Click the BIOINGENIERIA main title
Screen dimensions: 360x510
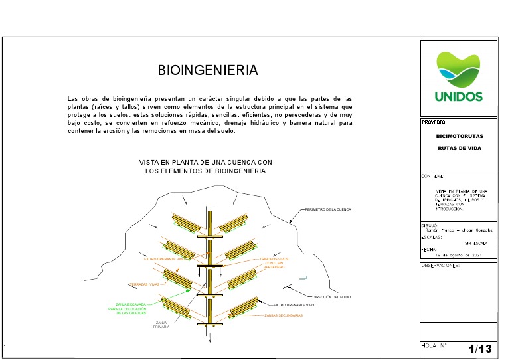[207, 70]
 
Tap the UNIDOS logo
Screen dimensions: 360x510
[459, 77]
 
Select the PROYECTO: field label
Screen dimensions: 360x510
[434, 123]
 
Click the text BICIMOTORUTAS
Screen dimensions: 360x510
[459, 136]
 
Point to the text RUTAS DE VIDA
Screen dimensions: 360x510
[459, 148]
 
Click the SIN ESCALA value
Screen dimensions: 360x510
[476, 244]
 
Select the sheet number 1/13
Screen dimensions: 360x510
[480, 349]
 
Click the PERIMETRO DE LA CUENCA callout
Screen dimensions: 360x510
[327, 210]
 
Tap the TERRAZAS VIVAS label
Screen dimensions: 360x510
[145, 284]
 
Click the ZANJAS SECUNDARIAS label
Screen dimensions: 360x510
[283, 315]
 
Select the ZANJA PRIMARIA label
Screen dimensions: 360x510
[161, 325]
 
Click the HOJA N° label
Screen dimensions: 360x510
[434, 345]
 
